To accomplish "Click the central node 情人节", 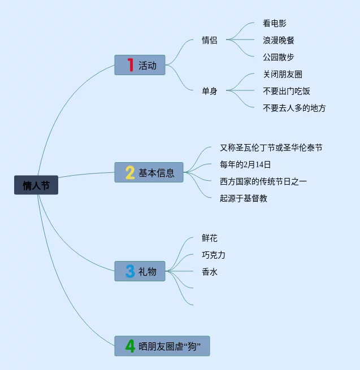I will point(36,185).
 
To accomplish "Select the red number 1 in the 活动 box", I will point(130,65).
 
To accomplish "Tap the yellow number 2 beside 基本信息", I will point(129,172).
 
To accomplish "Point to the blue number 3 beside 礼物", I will point(130,272).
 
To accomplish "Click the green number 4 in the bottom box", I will point(130,346).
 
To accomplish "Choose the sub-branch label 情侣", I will point(209,40).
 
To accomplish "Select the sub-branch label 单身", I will point(209,90).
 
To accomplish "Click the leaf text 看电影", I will point(275,24).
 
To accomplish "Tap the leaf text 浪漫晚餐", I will point(279,40).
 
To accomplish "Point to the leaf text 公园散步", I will point(279,57).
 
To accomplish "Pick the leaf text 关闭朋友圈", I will point(283,74).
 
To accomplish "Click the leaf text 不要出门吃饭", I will point(287,91).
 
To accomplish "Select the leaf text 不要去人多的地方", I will point(294,108).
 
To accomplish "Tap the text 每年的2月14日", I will point(245,164).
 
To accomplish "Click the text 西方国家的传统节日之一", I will point(263,181).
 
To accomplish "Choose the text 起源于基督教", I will point(244,198).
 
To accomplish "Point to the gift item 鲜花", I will point(210,238).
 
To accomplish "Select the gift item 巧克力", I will point(214,255).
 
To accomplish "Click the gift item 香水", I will point(210,272).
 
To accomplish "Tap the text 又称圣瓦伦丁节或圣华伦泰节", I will point(271,148).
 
